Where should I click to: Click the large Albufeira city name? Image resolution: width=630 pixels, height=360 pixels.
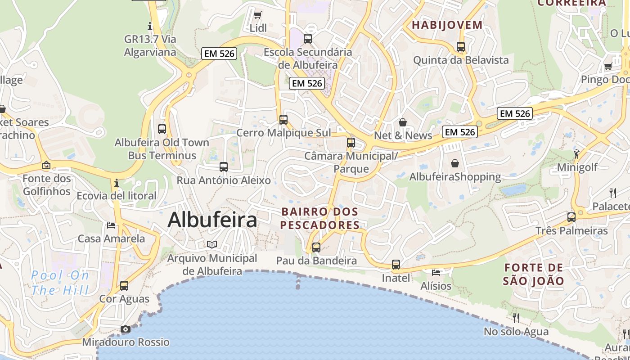tap(212, 220)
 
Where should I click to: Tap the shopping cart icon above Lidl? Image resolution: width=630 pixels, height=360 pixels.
tap(258, 15)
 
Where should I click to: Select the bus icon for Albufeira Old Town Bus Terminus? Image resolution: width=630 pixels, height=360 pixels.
tap(162, 129)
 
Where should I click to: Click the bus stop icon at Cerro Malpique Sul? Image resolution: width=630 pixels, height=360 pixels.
tap(283, 120)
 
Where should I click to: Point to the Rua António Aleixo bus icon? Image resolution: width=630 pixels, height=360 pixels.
tap(224, 167)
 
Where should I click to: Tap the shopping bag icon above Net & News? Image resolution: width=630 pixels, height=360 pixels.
tap(403, 122)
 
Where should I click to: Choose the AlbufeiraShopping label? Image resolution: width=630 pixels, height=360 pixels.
tap(455, 177)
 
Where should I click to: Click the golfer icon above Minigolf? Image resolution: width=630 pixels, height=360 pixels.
tap(576, 154)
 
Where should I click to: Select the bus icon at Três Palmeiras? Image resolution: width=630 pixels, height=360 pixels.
tap(571, 217)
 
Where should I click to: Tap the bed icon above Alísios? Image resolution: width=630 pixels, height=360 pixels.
tap(436, 273)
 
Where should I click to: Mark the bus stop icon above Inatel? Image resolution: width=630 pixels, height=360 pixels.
tap(396, 265)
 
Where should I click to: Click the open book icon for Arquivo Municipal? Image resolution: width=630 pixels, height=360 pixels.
tap(212, 244)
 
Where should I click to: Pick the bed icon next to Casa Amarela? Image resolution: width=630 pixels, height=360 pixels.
tap(111, 225)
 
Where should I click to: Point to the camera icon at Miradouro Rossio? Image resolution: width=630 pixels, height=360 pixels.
tap(126, 329)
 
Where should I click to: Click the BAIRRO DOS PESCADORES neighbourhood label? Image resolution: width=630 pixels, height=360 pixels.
tap(320, 218)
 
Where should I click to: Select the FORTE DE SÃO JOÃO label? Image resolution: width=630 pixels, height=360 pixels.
tap(534, 274)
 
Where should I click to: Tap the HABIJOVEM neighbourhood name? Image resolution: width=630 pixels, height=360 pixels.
tap(447, 25)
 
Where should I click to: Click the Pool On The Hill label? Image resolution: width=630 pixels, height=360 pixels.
tap(60, 283)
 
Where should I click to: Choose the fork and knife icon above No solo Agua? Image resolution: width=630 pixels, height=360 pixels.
tap(516, 318)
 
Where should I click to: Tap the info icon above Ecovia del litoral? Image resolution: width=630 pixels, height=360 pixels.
tap(117, 183)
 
